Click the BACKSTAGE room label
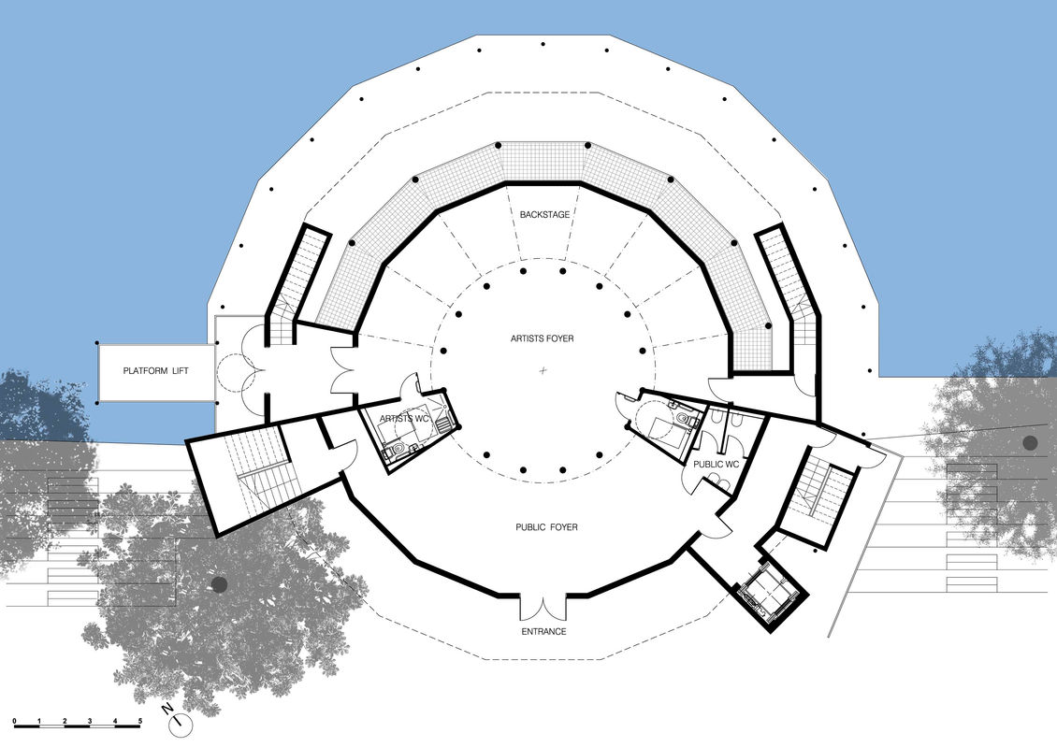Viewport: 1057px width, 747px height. coord(543,215)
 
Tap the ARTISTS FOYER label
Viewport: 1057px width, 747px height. coord(543,338)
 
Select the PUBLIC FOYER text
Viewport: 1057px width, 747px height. coord(546,527)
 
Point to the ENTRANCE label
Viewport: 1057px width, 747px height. coord(543,632)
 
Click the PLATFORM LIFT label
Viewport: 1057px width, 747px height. coord(156,371)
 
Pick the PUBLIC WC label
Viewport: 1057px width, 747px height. coord(717,464)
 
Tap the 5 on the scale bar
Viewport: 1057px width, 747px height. coord(140,721)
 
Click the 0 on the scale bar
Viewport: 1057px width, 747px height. coord(15,721)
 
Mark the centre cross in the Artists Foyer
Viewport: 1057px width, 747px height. coord(543,372)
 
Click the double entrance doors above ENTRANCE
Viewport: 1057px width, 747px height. coord(543,607)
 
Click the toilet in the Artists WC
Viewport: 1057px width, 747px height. coord(397,452)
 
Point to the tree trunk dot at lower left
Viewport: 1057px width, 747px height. coord(219,584)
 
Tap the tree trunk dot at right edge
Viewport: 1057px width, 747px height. coord(1030,443)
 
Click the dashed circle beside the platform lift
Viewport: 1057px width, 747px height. coord(228,372)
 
